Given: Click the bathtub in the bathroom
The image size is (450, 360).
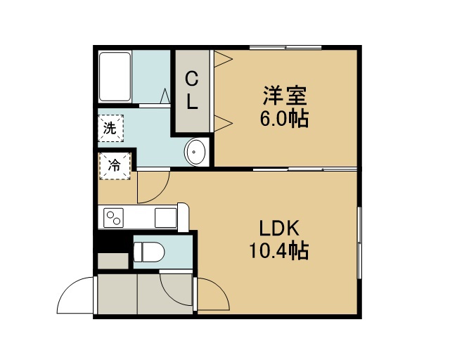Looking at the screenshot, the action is [x=115, y=77].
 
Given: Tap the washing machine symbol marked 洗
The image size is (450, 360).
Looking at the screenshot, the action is [x=110, y=128].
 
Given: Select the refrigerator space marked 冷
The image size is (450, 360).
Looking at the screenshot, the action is [x=115, y=166].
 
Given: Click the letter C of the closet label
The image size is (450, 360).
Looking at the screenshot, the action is [x=192, y=78].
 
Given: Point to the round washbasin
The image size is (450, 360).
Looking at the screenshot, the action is [x=196, y=152].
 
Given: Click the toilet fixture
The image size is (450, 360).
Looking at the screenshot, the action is [x=149, y=252].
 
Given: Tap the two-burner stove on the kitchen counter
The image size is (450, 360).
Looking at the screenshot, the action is [x=113, y=217].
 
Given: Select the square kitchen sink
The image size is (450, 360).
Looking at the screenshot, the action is [x=166, y=217].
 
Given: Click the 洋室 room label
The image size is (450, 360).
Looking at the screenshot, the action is [x=285, y=96].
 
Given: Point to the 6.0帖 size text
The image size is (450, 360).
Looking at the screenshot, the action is [x=284, y=118].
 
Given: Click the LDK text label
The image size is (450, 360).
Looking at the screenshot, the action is [x=279, y=228].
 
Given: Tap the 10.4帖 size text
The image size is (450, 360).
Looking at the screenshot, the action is [x=279, y=250].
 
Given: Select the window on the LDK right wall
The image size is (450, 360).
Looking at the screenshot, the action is [x=359, y=243].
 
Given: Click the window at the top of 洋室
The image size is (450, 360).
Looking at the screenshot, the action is [x=285, y=47].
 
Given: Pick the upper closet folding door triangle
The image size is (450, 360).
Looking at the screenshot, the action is [x=223, y=59].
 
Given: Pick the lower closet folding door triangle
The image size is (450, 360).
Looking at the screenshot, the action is [x=223, y=124].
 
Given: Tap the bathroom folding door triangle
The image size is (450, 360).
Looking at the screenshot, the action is [x=165, y=96].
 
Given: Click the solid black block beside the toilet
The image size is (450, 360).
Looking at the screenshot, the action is [x=110, y=242].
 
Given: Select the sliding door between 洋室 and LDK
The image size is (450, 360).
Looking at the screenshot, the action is [x=305, y=169].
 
